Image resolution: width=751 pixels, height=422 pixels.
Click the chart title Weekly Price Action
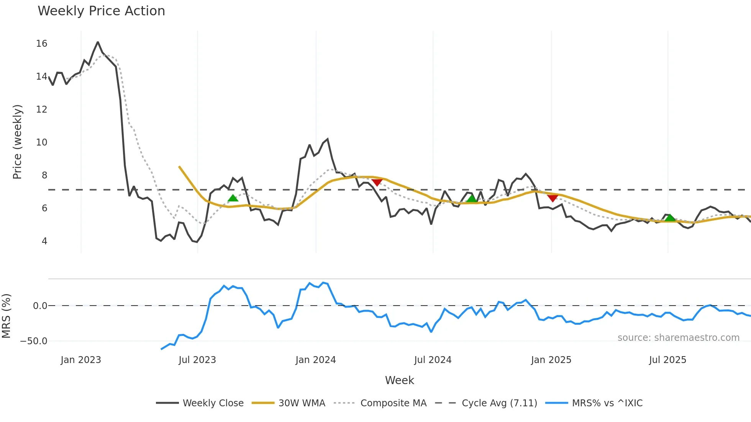(x=101, y=11)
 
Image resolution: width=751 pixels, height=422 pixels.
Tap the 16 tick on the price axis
(x=42, y=44)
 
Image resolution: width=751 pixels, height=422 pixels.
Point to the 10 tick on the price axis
(x=42, y=142)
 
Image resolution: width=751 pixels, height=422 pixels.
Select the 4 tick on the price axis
(x=44, y=241)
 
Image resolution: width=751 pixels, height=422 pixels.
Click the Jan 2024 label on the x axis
(x=316, y=360)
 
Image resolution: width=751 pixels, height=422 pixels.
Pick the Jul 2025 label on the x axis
(x=667, y=360)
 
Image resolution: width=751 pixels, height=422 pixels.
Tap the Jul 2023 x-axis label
(x=197, y=360)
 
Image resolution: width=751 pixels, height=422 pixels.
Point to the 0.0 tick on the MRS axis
(x=40, y=306)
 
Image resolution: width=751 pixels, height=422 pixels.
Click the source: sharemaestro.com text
(x=678, y=338)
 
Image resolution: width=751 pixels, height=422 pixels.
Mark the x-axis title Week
(x=399, y=380)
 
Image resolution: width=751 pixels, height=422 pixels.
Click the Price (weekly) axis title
(x=17, y=142)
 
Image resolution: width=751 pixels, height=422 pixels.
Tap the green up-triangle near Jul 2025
(x=670, y=218)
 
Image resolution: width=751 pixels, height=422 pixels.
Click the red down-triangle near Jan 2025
(x=553, y=198)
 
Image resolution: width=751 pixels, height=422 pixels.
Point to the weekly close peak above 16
(x=98, y=42)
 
